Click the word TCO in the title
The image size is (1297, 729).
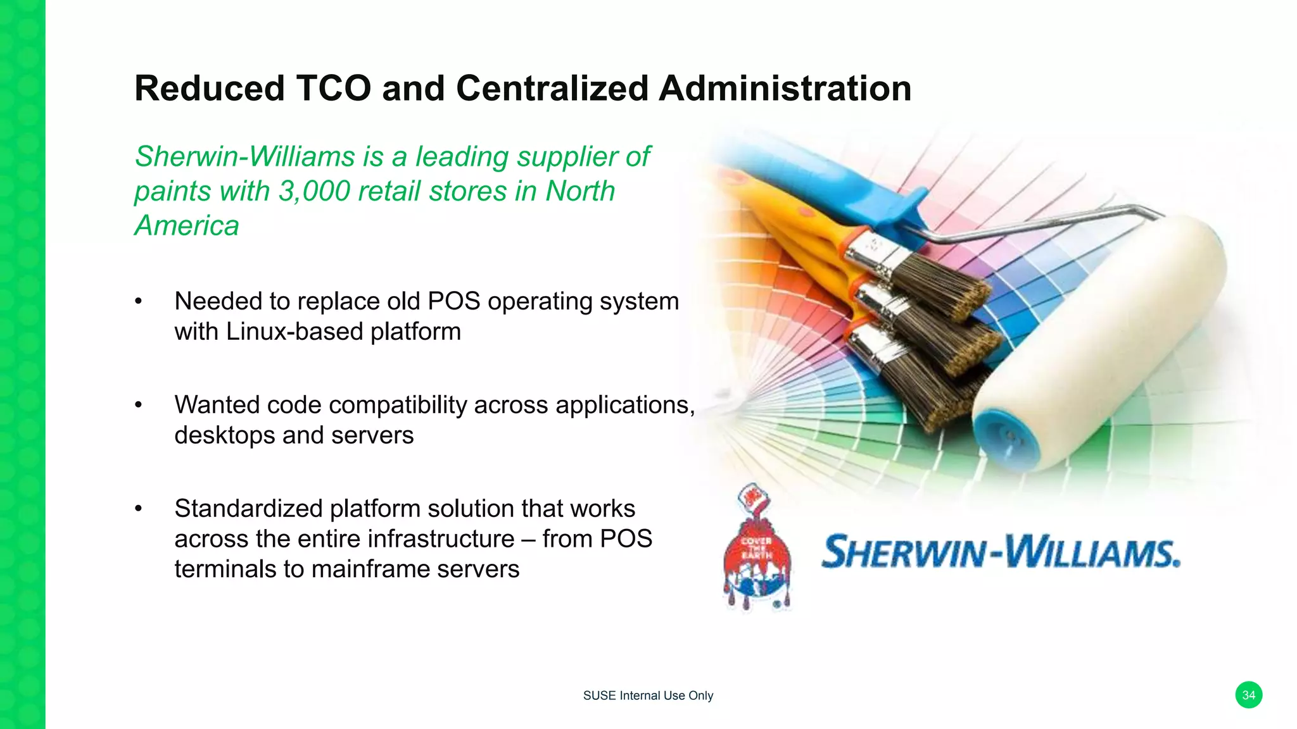(x=333, y=88)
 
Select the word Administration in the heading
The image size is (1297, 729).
(x=785, y=88)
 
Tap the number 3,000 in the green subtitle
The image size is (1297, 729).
(x=314, y=191)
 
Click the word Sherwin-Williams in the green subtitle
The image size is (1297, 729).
(x=245, y=156)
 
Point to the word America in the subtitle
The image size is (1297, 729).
(x=187, y=225)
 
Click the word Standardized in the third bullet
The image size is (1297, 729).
(x=248, y=509)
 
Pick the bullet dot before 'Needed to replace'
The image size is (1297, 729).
(x=138, y=302)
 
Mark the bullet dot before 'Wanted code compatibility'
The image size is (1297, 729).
(x=138, y=406)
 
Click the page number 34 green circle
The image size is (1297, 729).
(x=1248, y=695)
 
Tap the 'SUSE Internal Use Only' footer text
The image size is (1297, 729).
(x=648, y=695)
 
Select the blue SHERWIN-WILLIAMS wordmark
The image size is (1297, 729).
(x=1001, y=552)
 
